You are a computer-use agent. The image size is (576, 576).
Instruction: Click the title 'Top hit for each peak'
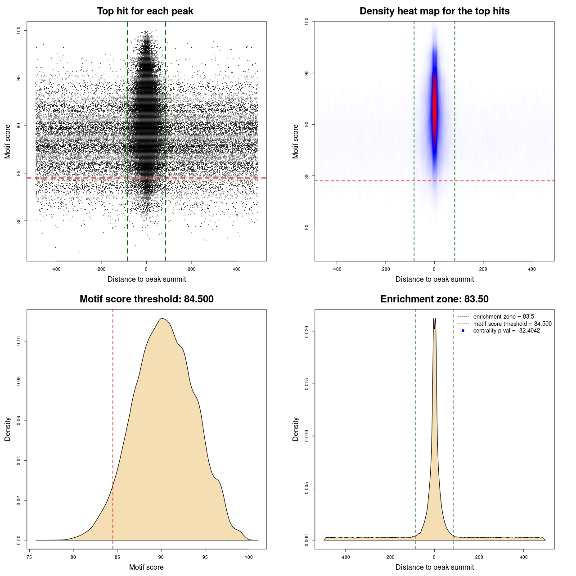pyautogui.click(x=145, y=11)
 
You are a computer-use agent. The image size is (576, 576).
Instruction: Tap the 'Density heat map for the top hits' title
pyautogui.click(x=434, y=11)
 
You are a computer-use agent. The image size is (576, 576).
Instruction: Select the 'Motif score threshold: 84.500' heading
pyautogui.click(x=146, y=299)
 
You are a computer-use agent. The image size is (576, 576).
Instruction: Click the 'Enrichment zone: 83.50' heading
pyautogui.click(x=434, y=299)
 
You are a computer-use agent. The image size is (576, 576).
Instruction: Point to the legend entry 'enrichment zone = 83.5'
pyautogui.click(x=504, y=317)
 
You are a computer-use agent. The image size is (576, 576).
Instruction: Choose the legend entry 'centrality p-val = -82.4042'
pyautogui.click(x=506, y=331)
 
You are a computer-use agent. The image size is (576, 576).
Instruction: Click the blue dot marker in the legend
pyautogui.click(x=463, y=331)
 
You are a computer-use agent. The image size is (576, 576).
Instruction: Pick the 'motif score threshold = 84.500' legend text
pyautogui.click(x=512, y=324)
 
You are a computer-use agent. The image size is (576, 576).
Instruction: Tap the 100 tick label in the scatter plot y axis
pyautogui.click(x=19, y=30)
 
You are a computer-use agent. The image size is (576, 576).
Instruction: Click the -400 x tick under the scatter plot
pyautogui.click(x=56, y=269)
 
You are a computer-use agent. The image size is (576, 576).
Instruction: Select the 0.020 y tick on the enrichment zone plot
pyautogui.click(x=307, y=332)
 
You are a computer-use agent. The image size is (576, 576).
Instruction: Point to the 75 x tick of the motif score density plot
pyautogui.click(x=29, y=557)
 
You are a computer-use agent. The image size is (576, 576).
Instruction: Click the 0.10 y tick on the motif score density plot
pyautogui.click(x=19, y=342)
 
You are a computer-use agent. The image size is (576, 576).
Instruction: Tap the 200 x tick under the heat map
pyautogui.click(x=483, y=269)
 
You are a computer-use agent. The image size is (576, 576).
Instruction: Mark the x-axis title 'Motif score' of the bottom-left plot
pyautogui.click(x=146, y=567)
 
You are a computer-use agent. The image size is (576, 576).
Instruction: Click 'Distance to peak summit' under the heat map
pyautogui.click(x=434, y=279)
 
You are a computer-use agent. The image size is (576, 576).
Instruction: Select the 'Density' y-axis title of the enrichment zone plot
pyautogui.click(x=296, y=429)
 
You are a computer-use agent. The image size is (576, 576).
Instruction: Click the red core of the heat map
pyautogui.click(x=434, y=108)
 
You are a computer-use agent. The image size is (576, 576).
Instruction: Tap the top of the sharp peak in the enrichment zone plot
pyautogui.click(x=434, y=319)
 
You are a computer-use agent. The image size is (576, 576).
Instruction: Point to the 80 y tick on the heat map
pyautogui.click(x=307, y=227)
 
